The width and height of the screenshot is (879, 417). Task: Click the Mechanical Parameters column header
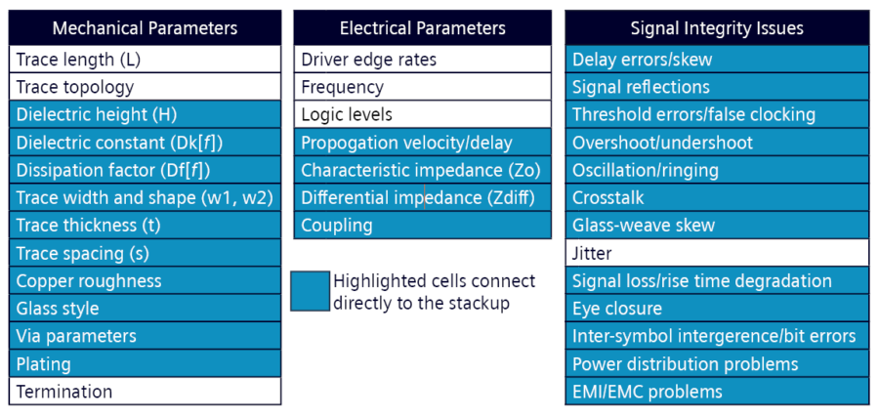point(145,28)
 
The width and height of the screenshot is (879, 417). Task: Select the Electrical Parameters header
point(423,28)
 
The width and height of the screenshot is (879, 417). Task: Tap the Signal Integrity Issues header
point(717,28)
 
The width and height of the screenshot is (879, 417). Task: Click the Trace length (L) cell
point(145,60)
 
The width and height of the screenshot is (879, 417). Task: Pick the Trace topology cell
point(145,87)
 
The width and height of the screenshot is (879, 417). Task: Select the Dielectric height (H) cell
point(145,114)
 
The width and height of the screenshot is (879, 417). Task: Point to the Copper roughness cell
point(145,280)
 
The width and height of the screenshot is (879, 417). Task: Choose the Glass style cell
point(145,308)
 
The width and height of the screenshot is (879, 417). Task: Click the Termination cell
point(145,391)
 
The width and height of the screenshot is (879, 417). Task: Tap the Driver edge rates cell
point(423,60)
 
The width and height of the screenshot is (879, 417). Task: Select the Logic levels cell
point(423,114)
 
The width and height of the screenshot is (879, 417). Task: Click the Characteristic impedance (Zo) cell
point(423,170)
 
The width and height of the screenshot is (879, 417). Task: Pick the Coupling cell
point(423,226)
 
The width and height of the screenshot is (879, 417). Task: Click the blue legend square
point(310,291)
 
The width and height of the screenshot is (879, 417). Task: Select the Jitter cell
point(717,253)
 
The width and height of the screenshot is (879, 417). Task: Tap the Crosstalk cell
point(717,197)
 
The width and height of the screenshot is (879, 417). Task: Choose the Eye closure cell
point(717,308)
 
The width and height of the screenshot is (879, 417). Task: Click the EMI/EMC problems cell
point(717,391)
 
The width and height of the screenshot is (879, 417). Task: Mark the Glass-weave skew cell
point(717,226)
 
